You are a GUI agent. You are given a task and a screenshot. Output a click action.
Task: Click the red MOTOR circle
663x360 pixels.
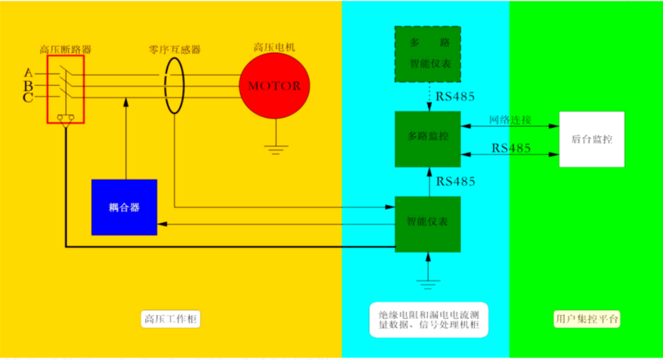click(275, 86)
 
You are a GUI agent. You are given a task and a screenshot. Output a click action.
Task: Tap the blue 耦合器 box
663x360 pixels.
click(125, 207)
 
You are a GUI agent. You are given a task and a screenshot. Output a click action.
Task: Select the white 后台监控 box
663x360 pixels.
click(591, 139)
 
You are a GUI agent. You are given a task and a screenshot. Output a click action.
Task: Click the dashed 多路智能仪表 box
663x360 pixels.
click(427, 54)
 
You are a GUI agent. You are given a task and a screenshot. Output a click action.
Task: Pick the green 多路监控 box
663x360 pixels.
click(427, 139)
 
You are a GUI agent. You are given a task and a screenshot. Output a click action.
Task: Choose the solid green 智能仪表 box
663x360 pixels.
click(427, 224)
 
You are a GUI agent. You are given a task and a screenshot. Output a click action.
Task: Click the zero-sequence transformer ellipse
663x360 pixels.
click(174, 86)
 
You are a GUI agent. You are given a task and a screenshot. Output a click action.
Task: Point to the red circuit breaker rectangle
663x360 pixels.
click(66, 89)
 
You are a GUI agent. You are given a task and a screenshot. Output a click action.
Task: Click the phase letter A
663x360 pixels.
click(29, 73)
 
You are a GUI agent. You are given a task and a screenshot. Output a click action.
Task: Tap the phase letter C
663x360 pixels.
click(28, 98)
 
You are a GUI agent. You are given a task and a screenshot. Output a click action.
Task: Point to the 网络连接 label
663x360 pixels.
click(510, 120)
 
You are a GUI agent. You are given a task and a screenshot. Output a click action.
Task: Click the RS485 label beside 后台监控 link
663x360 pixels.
click(511, 148)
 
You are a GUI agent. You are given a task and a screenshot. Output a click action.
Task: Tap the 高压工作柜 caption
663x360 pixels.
click(170, 319)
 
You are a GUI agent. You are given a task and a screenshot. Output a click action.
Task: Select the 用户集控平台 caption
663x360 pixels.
click(587, 319)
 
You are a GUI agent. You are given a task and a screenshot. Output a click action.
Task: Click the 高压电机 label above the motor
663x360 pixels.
click(274, 47)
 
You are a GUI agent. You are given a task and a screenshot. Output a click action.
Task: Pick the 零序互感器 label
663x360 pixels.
click(174, 49)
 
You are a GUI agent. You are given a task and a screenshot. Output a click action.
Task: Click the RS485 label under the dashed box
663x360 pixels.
click(455, 97)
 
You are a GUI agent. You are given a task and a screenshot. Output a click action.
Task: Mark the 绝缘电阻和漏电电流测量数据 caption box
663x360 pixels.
click(429, 320)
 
